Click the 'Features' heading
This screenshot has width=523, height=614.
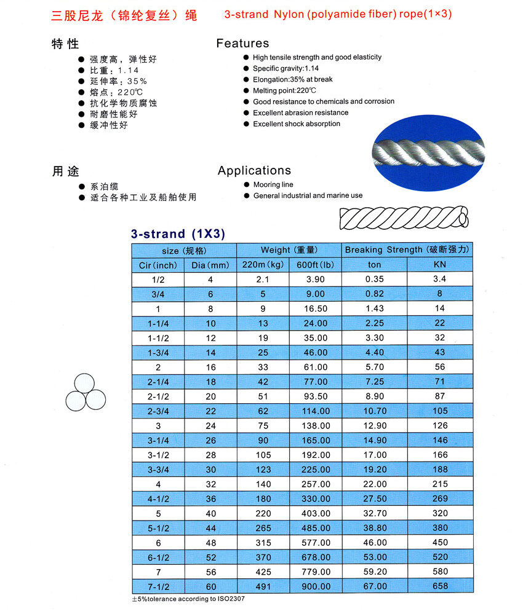coord(242,44)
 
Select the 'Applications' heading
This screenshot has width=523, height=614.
coord(254,171)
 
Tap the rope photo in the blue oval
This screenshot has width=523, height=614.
coord(429,152)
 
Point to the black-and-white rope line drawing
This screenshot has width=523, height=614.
coord(404,217)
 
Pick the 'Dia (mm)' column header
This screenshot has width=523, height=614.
coord(210,265)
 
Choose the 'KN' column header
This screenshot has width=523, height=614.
coord(440,265)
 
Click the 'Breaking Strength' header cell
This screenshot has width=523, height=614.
coord(407,250)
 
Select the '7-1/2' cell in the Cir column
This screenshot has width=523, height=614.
coord(158,586)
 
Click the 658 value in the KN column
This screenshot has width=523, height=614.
coord(440,586)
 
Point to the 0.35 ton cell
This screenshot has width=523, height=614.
coord(374,279)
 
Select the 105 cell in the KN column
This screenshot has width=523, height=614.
coord(440,411)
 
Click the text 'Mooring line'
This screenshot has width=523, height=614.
coord(273,184)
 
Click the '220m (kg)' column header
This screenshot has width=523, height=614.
coord(263,265)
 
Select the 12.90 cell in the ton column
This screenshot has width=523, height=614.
coord(374,425)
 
